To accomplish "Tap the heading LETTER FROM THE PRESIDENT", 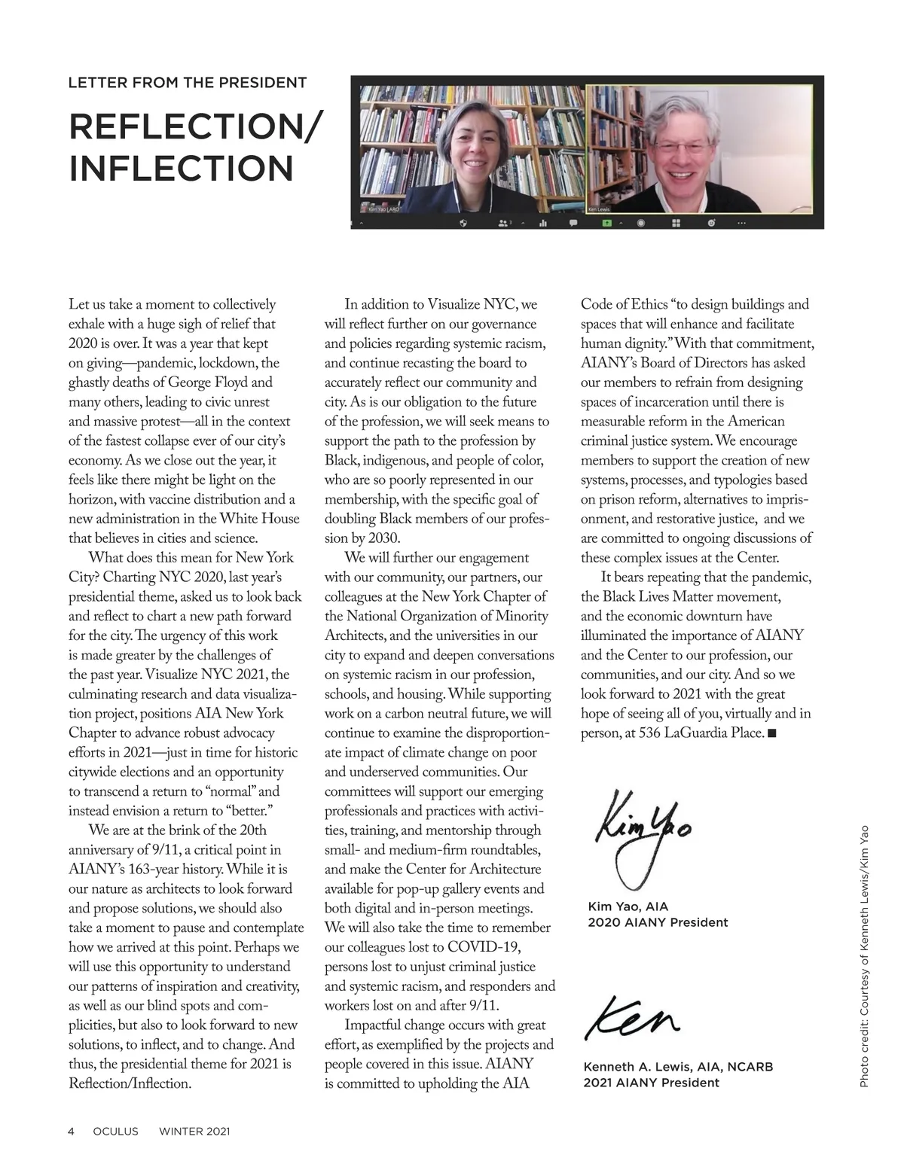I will point(188,83).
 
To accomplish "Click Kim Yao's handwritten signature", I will point(640,836).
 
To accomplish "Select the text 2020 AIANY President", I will point(658,922).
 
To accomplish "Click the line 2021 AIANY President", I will point(651,1083).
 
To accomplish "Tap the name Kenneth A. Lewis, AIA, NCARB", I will point(678,1067).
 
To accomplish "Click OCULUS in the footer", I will point(115,1131).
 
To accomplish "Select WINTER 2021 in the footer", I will point(194,1131).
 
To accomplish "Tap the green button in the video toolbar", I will point(606,223).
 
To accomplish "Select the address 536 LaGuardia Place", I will point(701,733).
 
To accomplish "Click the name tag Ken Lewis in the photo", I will point(600,209).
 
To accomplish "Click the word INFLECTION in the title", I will point(181,168).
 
